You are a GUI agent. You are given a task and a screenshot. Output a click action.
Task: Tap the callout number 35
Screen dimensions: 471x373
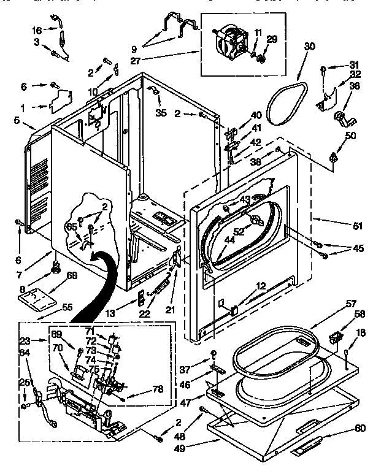tap(161, 113)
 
